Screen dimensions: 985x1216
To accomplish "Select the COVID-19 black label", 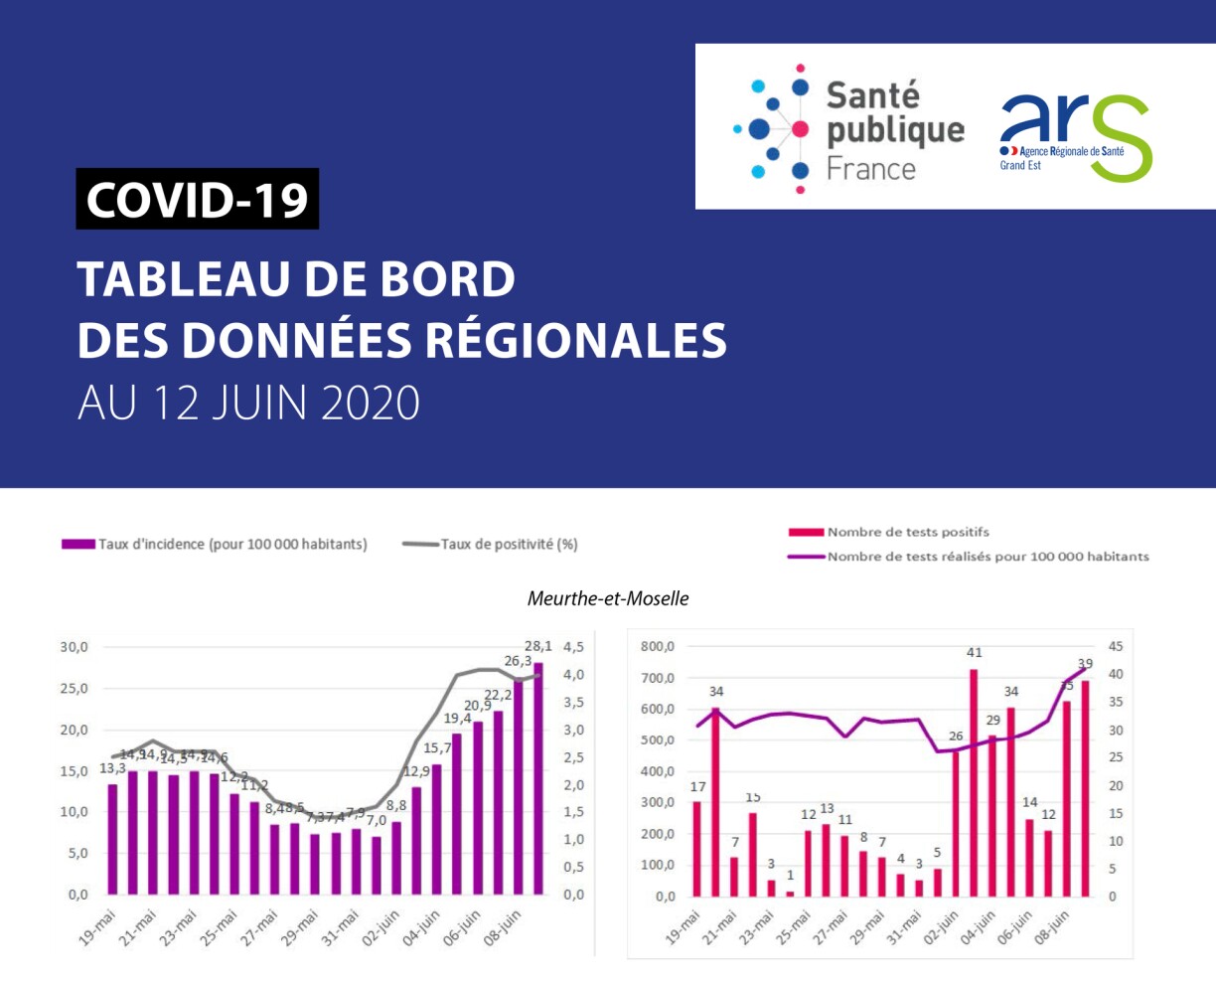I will [x=198, y=199].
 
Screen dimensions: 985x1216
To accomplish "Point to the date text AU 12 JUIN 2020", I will [x=249, y=403].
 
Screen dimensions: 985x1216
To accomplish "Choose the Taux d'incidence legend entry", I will [x=215, y=544].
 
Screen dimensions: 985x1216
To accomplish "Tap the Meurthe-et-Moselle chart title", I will [x=608, y=598].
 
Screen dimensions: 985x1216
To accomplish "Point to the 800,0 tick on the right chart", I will [x=657, y=647].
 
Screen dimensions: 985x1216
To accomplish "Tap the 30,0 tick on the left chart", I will [x=75, y=647].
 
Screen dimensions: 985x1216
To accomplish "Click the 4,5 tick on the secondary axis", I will [x=574, y=647].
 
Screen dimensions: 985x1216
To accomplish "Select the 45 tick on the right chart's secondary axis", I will [x=1116, y=647].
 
